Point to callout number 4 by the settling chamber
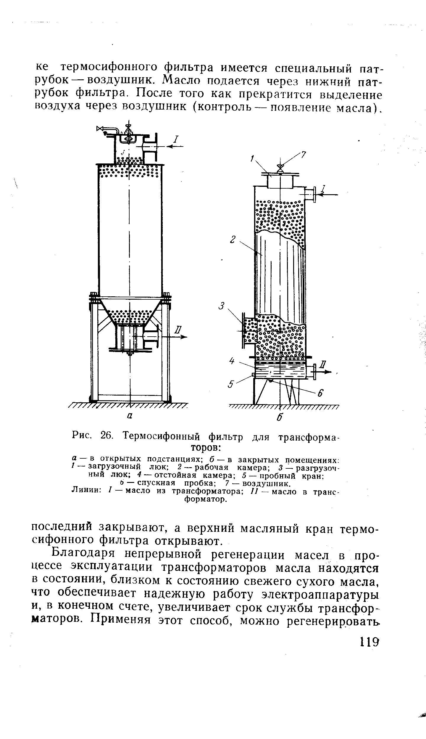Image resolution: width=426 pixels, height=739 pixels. pos(232,361)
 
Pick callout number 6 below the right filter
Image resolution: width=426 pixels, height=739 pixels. pos(320,394)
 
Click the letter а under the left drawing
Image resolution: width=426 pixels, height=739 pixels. pos(129,416)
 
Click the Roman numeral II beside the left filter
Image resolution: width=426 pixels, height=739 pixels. pos(178,330)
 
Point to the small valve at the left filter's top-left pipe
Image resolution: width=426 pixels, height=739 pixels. pos(100,128)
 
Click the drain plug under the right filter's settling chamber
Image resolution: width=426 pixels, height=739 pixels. pos(270,380)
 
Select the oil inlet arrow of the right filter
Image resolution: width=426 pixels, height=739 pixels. pos(328,194)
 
